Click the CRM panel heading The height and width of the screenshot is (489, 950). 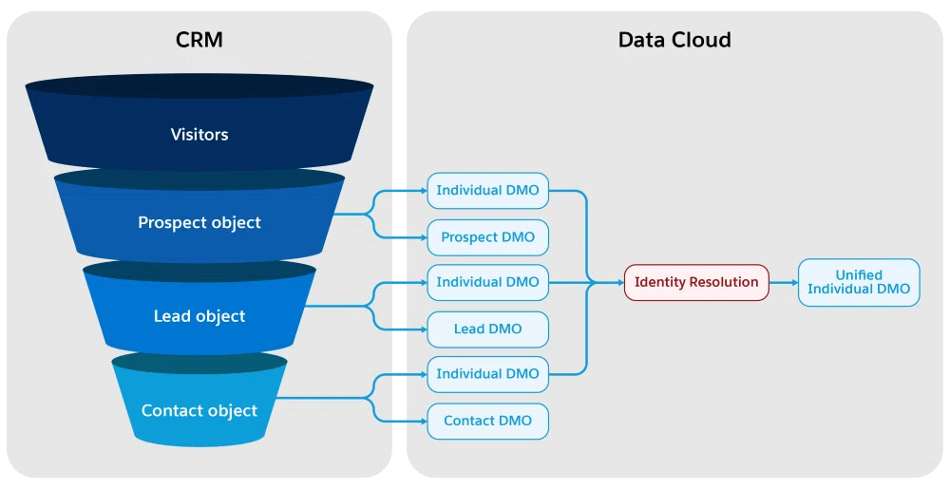click(x=199, y=40)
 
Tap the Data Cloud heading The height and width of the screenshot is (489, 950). click(x=674, y=40)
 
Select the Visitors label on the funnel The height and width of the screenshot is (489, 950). click(x=199, y=134)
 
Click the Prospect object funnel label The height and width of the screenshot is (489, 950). click(x=199, y=223)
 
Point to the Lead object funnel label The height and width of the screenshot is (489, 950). click(x=199, y=316)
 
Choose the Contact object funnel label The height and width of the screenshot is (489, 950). click(x=199, y=410)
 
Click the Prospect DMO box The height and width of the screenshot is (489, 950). click(x=487, y=237)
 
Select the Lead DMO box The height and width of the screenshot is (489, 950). click(x=487, y=329)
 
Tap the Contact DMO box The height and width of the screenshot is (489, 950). click(x=487, y=421)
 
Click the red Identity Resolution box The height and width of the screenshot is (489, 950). click(x=696, y=282)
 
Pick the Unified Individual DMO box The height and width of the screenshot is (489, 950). click(x=859, y=282)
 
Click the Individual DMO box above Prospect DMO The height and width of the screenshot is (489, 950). click(x=487, y=191)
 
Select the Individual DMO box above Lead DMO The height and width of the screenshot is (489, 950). click(x=487, y=282)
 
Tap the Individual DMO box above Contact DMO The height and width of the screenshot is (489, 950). click(x=487, y=374)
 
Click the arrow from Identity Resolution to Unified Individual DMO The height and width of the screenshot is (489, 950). click(x=784, y=283)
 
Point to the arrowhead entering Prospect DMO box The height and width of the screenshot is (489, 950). click(x=424, y=237)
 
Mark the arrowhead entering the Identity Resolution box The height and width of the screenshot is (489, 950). click(x=620, y=283)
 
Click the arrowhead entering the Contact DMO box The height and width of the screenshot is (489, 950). click(x=424, y=422)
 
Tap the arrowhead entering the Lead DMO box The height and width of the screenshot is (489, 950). click(x=424, y=329)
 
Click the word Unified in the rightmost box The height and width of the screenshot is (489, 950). click(x=859, y=274)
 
